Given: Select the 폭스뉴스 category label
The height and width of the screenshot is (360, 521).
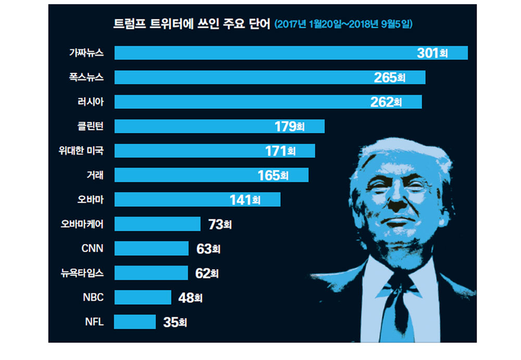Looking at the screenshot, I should (87, 78).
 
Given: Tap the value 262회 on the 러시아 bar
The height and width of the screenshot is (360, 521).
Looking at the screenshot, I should (386, 102).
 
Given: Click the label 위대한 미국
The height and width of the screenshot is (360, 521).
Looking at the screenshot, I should (77, 151).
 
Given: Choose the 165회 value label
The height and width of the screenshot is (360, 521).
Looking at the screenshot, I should (273, 176).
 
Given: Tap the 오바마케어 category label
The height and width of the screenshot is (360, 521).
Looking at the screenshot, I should (82, 224).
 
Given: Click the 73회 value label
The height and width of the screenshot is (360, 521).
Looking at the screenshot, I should (219, 225).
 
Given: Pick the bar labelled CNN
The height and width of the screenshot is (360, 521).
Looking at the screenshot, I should (151, 248).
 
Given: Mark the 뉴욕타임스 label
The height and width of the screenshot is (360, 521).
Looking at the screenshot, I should (82, 273).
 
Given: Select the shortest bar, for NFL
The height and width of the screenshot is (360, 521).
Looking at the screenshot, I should (134, 322).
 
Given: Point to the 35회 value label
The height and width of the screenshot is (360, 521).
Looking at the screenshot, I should (174, 322).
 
